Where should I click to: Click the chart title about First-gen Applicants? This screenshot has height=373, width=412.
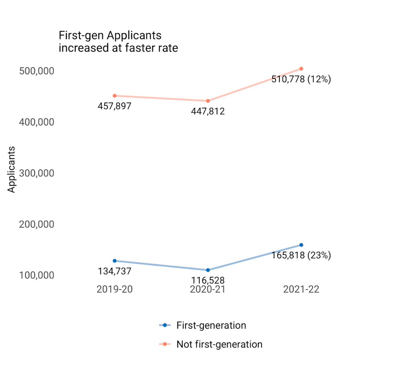118,42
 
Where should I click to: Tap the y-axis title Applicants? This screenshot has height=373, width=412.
12,169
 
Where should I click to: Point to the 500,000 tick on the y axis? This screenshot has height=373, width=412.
37,71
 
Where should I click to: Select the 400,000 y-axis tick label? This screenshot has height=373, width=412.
37,122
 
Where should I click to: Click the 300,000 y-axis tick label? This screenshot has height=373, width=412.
37,173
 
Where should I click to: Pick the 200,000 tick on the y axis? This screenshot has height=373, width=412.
37,224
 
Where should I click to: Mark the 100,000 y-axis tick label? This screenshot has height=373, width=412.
37,275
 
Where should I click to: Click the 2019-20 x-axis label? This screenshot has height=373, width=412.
114,289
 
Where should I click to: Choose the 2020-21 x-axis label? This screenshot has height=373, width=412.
208,289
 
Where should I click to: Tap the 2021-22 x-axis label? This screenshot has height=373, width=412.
301,289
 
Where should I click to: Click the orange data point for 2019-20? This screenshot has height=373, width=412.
115,96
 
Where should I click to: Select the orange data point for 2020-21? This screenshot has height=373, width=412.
208,101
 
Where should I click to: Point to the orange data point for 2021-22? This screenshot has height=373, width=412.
301,69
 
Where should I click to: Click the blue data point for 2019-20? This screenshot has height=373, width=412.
115,261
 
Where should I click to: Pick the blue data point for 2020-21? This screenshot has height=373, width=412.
208,270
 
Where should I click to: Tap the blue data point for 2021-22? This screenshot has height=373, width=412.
301,245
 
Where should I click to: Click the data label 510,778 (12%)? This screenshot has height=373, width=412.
301,79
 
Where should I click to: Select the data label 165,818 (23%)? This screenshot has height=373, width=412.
301,255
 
